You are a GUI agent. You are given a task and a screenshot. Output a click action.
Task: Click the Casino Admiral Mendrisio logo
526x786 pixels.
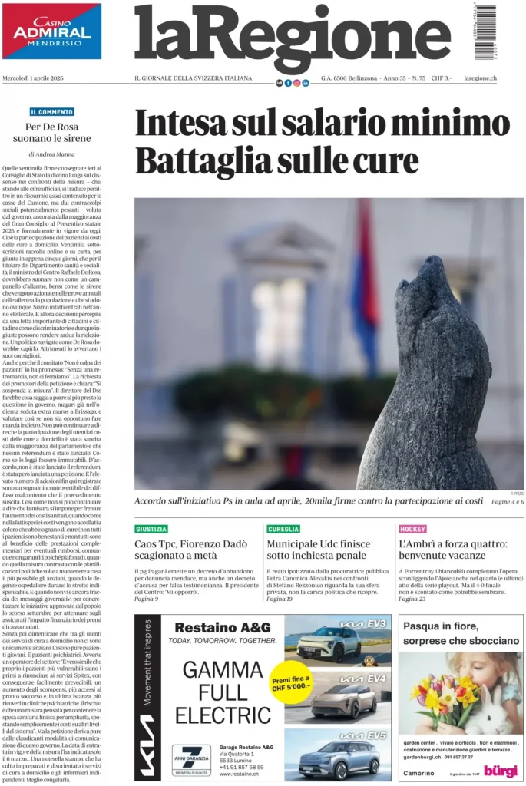tap(51, 31)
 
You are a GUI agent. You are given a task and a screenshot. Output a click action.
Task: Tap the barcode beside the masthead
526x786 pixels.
tap(485, 32)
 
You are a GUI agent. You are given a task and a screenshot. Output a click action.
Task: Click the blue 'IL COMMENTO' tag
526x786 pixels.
tap(52, 112)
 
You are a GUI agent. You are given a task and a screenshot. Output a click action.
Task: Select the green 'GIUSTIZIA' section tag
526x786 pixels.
tap(151, 529)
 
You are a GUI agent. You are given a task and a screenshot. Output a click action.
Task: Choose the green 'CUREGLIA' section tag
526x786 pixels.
tap(283, 529)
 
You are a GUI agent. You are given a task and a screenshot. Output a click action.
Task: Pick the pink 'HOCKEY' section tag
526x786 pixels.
tap(412, 529)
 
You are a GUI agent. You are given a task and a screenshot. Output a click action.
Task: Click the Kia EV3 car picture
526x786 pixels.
tap(327, 642)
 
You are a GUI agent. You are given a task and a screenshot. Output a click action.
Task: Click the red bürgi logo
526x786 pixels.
tap(500, 768)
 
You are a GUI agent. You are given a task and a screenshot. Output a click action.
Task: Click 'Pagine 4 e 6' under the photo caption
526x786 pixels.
tap(507, 501)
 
